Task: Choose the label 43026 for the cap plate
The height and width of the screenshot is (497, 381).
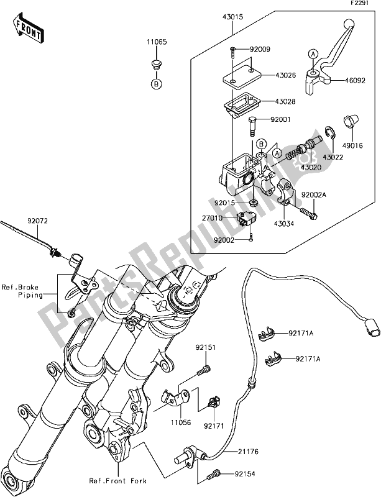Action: coord(285,77)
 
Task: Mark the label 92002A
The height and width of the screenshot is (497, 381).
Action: coord(313,194)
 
